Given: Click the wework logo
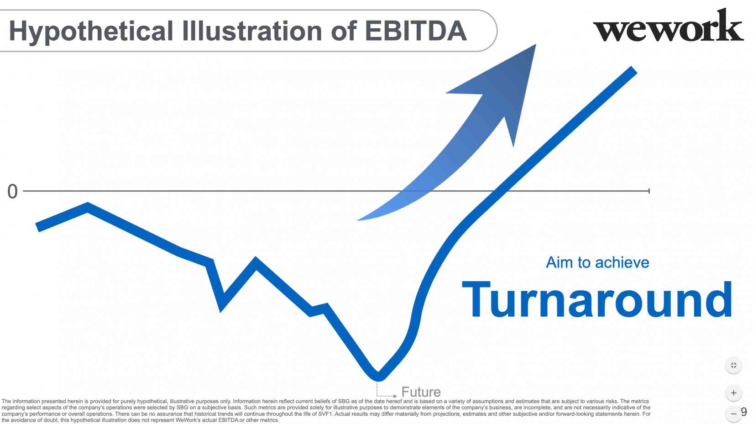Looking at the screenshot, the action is [x=668, y=26].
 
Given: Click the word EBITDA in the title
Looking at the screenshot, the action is [x=415, y=31].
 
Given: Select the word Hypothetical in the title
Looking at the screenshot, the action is [x=91, y=31].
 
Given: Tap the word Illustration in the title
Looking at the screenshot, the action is [x=252, y=31].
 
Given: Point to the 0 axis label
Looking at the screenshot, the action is [x=12, y=192].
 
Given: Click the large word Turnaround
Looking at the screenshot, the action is [x=597, y=299].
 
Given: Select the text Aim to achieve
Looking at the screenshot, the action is [x=597, y=262].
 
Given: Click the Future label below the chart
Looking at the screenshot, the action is [x=421, y=392].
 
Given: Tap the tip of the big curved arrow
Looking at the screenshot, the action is [x=536, y=44].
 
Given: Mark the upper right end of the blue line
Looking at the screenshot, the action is [x=634, y=70].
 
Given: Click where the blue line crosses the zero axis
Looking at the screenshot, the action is [x=501, y=191].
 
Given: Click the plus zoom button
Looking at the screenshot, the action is [x=733, y=393].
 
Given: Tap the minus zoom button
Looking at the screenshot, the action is [x=733, y=414].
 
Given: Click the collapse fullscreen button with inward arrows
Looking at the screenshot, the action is [x=733, y=365].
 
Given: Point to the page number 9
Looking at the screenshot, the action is [x=743, y=412].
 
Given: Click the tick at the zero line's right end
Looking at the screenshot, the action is [x=649, y=191].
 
